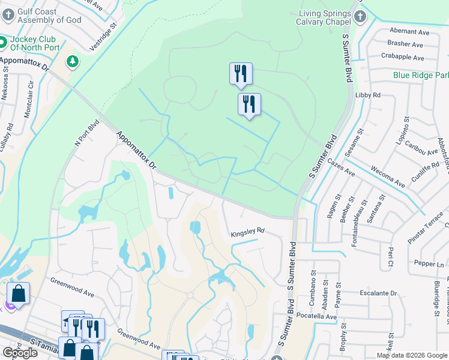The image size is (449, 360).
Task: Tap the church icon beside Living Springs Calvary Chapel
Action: pyautogui.click(x=360, y=16)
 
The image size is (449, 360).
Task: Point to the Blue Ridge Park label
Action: pyautogui.click(x=421, y=76)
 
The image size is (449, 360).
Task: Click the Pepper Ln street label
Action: pyautogui.click(x=429, y=264)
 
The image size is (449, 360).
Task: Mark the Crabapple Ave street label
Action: pyautogui.click(x=402, y=58)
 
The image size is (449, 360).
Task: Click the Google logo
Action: pyautogui.click(x=20, y=353)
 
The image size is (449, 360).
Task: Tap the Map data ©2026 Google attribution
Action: pyautogui.click(x=411, y=355)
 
